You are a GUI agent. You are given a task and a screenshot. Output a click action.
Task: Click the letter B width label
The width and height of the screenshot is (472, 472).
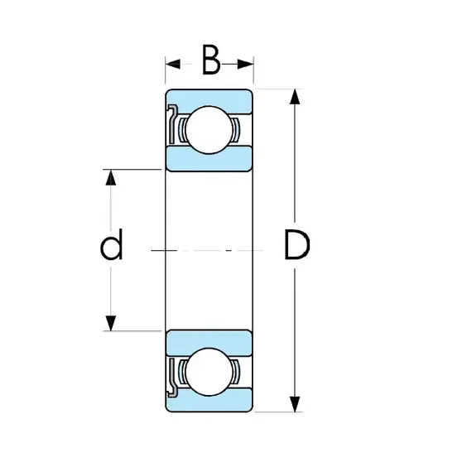(211, 60)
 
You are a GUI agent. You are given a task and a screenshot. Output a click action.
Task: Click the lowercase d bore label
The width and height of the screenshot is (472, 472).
(112, 243)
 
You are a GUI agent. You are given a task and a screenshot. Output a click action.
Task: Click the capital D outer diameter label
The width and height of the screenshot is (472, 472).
(296, 244)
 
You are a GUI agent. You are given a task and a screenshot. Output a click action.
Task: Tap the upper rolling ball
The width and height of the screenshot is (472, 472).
(210, 130)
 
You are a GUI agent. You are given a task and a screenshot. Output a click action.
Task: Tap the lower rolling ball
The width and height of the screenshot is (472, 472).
(210, 372)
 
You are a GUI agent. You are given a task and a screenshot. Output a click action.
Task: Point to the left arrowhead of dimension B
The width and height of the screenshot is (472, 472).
(173, 64)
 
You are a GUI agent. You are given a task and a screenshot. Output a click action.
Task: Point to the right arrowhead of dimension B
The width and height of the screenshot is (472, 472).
(246, 64)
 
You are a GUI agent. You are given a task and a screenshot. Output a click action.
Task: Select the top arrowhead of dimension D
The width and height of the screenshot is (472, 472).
(295, 97)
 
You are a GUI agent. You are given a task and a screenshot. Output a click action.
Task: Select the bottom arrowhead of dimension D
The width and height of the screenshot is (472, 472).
(295, 404)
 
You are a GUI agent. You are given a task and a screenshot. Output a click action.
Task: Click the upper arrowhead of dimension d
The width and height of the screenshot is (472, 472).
(111, 177)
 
